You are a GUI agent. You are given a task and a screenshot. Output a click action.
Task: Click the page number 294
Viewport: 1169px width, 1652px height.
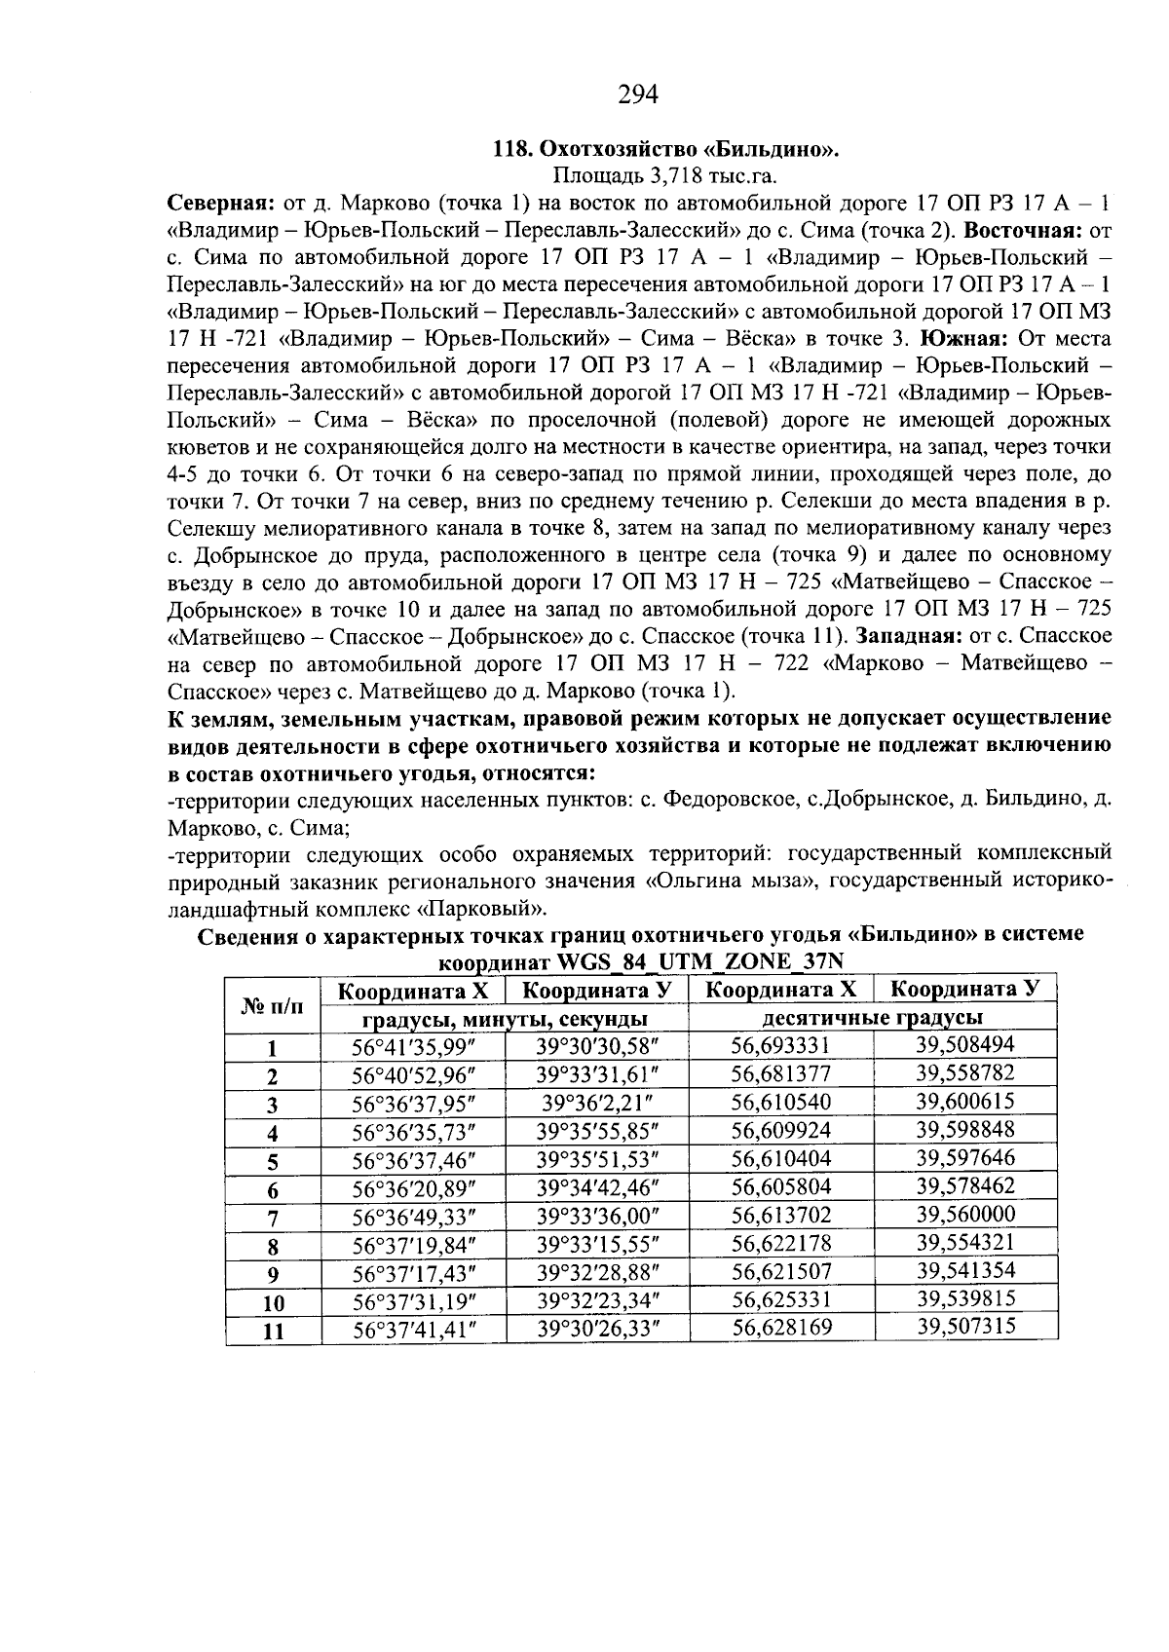tap(638, 94)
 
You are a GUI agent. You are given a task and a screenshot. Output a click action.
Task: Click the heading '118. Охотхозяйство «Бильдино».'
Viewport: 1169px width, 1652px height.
tap(666, 150)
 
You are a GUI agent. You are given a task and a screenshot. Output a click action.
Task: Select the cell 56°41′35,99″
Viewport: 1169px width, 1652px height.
tap(413, 1047)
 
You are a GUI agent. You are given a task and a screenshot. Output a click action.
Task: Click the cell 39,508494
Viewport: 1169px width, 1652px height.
tap(965, 1045)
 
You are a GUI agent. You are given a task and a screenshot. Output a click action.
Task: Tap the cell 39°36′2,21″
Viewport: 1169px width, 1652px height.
tap(596, 1103)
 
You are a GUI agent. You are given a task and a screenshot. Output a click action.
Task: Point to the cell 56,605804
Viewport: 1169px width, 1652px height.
tap(779, 1187)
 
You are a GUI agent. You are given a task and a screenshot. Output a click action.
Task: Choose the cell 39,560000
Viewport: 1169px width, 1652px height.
tap(965, 1214)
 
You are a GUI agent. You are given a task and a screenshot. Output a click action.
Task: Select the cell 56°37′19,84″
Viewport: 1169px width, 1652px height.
tap(413, 1245)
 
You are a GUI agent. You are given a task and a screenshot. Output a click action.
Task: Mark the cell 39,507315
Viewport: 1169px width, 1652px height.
tap(965, 1326)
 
